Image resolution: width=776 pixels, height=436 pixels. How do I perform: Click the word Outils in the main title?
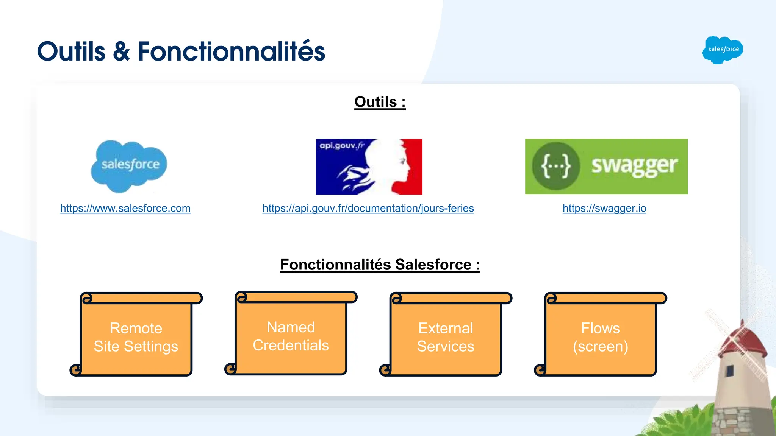(x=71, y=52)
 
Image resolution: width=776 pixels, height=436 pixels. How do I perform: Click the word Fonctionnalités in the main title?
(x=231, y=52)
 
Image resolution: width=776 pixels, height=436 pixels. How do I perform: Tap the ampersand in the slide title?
(x=121, y=52)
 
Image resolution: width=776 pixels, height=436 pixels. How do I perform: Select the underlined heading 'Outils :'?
(x=380, y=102)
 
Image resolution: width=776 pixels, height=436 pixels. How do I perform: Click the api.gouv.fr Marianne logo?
(x=369, y=167)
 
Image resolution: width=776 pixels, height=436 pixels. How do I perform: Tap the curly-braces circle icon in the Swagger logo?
(x=556, y=166)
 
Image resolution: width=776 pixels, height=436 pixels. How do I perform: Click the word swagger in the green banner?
(x=634, y=166)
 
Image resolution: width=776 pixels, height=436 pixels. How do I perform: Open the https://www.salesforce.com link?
(x=125, y=208)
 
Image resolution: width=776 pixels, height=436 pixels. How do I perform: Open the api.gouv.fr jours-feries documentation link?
(x=368, y=208)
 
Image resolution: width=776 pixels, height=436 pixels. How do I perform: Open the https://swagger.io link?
(x=604, y=208)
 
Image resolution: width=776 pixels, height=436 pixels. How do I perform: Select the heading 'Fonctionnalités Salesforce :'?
(x=380, y=265)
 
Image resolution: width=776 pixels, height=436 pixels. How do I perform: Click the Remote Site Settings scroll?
(x=136, y=337)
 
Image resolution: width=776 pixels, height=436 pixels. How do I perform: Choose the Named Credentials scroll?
(x=291, y=336)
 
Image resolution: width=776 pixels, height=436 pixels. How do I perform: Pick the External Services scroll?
(x=446, y=337)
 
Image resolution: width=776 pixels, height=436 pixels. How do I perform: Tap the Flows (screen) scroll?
(x=601, y=337)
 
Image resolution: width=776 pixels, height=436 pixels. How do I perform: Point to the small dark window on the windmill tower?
(x=730, y=371)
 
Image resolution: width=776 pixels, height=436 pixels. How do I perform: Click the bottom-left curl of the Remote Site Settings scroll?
(x=76, y=370)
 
